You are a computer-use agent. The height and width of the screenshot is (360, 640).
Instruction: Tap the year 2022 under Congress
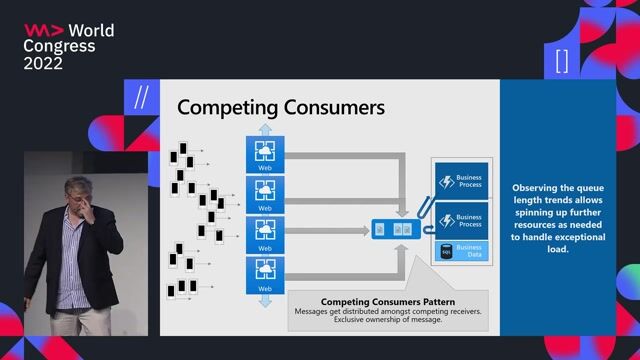click(43, 63)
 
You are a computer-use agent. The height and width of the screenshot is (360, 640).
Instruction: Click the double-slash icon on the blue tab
click(141, 98)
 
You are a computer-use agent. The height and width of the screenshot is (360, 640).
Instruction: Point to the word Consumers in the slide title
click(327, 107)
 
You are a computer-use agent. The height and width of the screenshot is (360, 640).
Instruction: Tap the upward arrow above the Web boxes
click(265, 129)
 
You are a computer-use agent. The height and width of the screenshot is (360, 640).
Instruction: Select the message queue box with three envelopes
click(391, 230)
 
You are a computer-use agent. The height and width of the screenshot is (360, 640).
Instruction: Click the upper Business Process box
click(461, 181)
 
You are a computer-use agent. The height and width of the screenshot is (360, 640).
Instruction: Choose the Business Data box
click(461, 250)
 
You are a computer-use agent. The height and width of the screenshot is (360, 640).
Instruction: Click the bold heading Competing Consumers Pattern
click(387, 301)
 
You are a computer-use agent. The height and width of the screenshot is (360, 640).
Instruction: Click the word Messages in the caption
click(315, 311)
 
